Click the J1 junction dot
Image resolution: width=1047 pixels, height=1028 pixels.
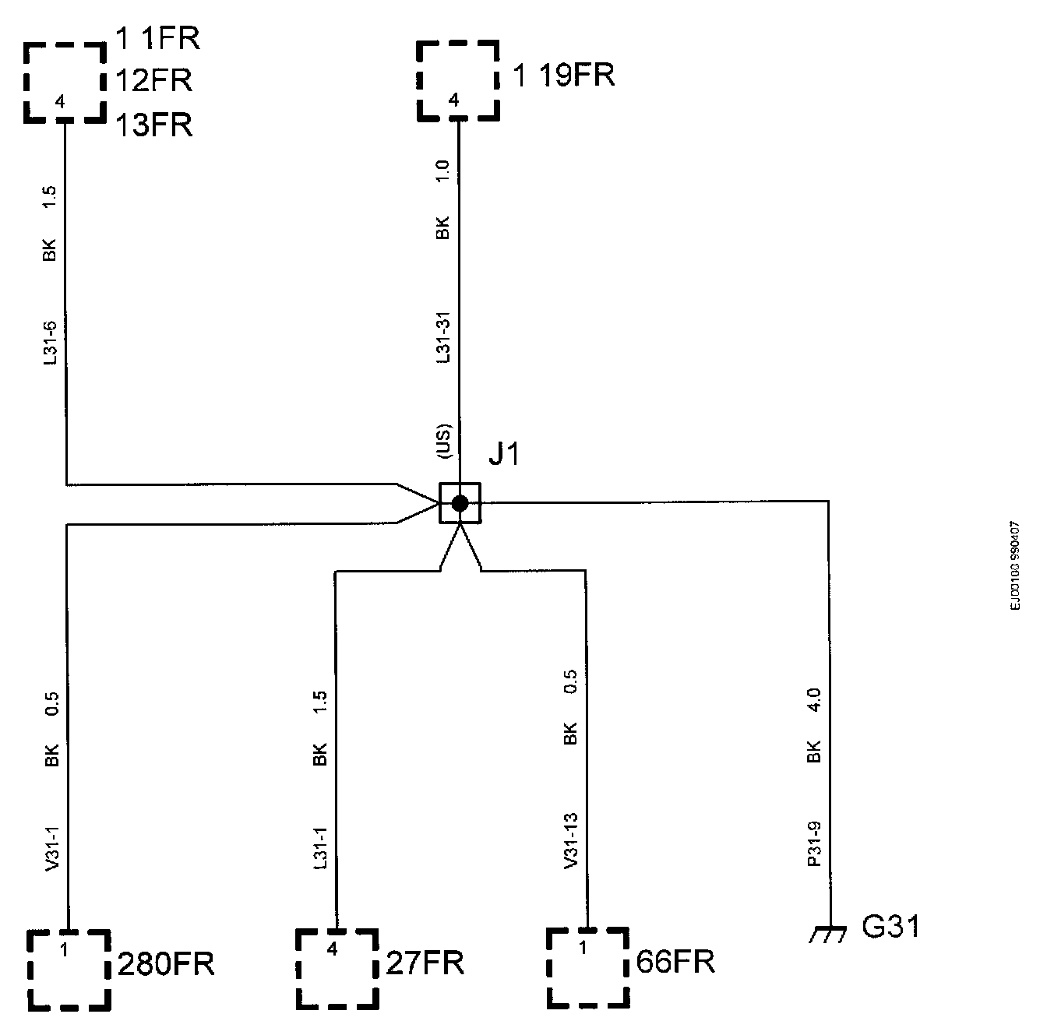tap(460, 503)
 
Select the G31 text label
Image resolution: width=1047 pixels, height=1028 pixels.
tap(891, 928)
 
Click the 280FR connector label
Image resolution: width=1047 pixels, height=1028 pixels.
tap(166, 965)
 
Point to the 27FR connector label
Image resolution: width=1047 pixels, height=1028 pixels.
tap(425, 963)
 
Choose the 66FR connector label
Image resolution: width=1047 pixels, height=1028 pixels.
tap(675, 962)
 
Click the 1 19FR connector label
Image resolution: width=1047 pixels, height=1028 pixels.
tap(564, 76)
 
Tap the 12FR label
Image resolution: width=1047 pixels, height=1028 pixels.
tap(154, 80)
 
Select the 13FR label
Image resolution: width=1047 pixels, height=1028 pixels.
tap(154, 125)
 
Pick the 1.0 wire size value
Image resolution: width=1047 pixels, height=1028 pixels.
tap(442, 171)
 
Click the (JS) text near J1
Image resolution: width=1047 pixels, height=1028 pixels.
tap(442, 442)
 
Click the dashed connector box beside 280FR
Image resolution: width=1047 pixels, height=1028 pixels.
tap(68, 970)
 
